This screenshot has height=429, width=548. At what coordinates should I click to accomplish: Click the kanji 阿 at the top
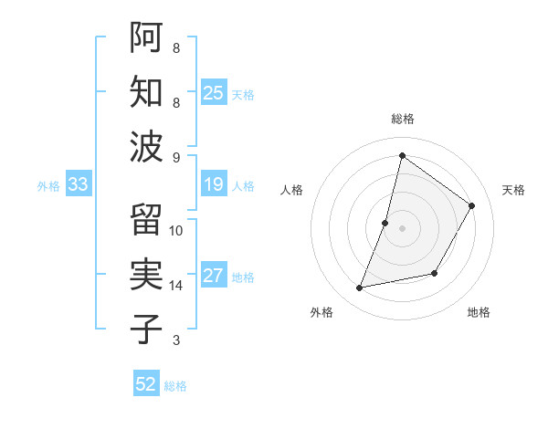coord(146,37)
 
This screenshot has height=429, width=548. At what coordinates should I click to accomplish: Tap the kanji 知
coord(146,92)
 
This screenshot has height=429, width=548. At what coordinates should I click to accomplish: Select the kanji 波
coord(146,146)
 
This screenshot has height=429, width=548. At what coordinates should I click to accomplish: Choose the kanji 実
coord(146,275)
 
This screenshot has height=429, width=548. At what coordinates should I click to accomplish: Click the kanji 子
coord(146,330)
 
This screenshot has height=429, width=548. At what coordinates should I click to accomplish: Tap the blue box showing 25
coord(214,93)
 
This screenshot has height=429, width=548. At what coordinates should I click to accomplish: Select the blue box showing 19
coord(214,185)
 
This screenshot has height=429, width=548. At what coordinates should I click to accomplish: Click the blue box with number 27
coord(214,277)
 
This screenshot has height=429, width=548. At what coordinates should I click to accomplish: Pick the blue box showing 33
coord(79,185)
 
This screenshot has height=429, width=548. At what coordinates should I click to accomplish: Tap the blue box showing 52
coord(146,384)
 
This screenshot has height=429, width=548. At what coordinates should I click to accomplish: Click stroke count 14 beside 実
coord(176,286)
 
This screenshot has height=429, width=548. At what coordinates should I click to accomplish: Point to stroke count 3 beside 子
coord(176,340)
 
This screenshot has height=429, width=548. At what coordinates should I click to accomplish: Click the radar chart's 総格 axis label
coord(402,120)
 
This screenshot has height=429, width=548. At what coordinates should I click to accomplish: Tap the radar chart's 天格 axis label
coord(513,190)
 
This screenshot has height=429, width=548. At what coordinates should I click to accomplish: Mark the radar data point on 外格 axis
coord(360,288)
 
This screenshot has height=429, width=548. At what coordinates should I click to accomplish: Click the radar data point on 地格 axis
coord(436,273)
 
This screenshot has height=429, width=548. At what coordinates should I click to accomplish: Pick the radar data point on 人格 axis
coord(385,223)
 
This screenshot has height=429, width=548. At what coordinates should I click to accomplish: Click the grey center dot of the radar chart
coord(402,228)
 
